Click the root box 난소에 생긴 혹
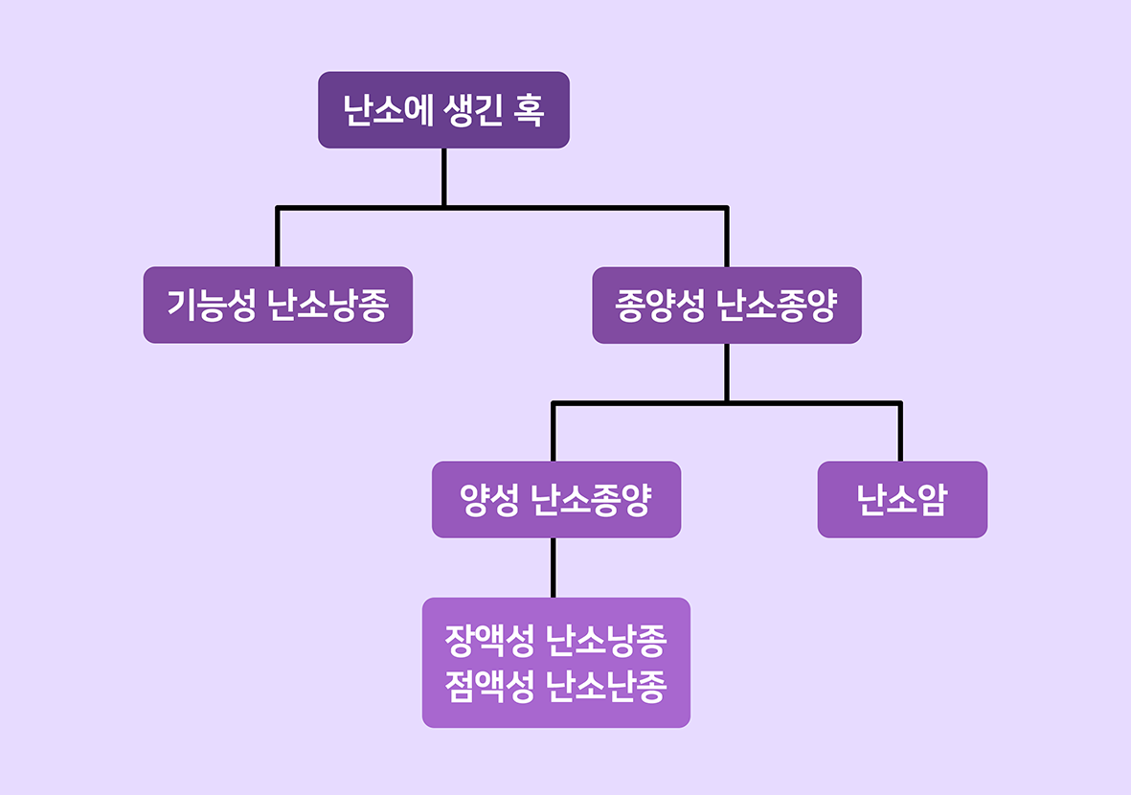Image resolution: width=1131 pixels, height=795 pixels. tap(443, 110)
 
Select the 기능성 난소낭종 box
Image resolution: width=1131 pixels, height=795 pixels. tap(278, 305)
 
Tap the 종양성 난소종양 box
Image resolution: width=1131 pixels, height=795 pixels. tap(726, 305)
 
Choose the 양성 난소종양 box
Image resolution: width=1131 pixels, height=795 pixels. tap(555, 499)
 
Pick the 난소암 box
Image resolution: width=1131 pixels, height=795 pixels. tap(901, 499)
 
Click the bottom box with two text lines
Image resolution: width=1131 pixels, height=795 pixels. tap(555, 662)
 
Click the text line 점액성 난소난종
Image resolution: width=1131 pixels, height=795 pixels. tap(555, 686)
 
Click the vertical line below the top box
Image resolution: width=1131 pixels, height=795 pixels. tap(443, 177)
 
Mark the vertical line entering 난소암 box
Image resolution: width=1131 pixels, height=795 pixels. tap(899, 432)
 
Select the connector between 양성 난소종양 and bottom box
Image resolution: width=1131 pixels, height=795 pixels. tap(553, 567)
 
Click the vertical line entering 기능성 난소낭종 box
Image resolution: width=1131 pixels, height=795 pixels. tap(278, 237)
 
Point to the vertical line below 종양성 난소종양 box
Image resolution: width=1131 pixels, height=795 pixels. tap(726, 372)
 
